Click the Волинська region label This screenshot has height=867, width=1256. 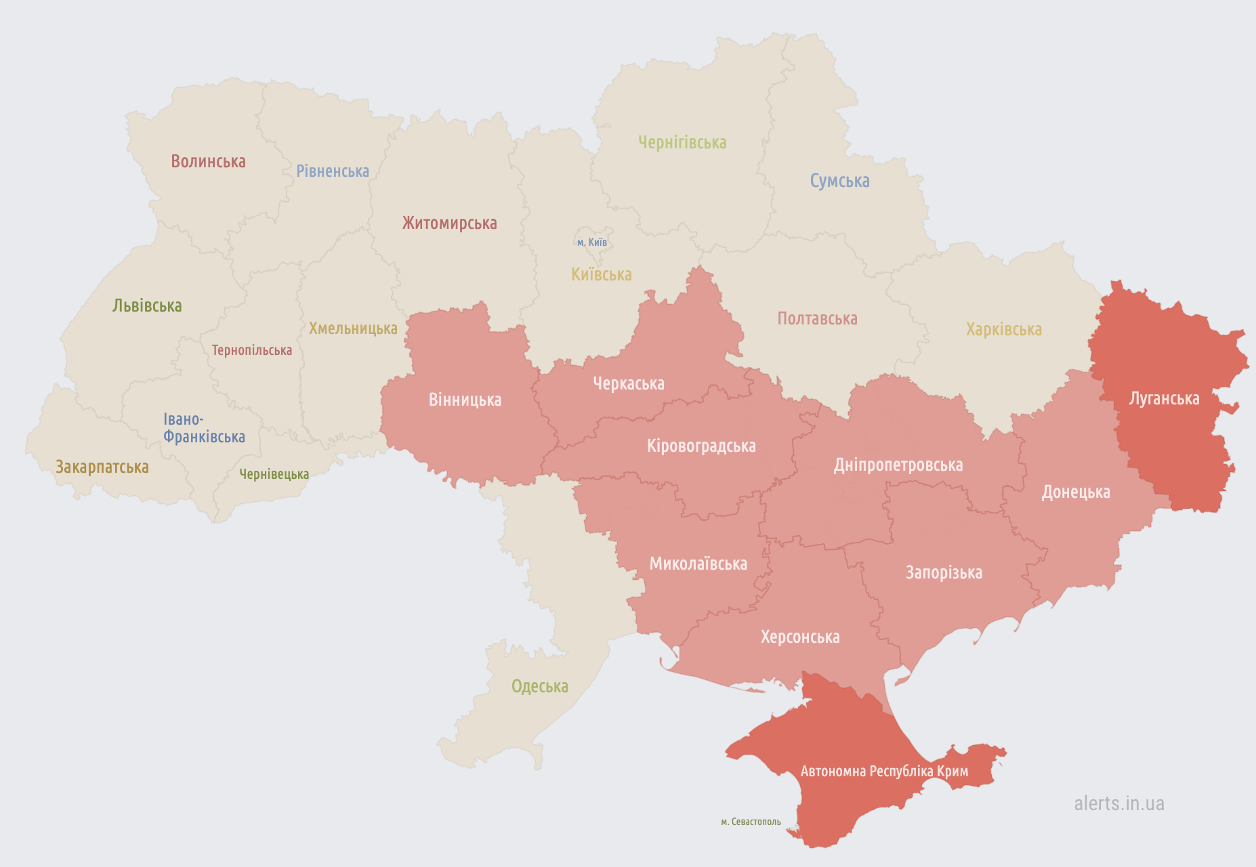(208, 161)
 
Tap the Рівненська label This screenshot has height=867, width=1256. (333, 171)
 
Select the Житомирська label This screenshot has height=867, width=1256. (449, 223)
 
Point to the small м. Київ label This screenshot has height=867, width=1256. (592, 242)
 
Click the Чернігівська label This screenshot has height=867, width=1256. (682, 142)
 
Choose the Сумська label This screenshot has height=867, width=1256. (839, 180)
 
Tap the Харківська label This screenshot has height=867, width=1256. (1003, 329)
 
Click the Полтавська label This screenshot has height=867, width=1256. (817, 318)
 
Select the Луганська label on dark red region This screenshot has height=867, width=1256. (1164, 398)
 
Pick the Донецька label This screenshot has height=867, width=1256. (1076, 492)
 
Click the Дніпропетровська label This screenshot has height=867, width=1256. (898, 465)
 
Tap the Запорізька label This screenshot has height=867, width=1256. (944, 572)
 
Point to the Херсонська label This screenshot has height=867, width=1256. (800, 637)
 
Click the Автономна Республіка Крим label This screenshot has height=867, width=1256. (884, 771)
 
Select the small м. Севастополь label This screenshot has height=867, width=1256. (751, 822)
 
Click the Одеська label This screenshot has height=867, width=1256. (539, 686)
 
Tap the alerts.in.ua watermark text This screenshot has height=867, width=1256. (1118, 803)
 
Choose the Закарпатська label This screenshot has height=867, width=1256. (102, 467)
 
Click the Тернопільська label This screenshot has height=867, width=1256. (251, 350)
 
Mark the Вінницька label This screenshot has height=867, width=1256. (465, 400)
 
